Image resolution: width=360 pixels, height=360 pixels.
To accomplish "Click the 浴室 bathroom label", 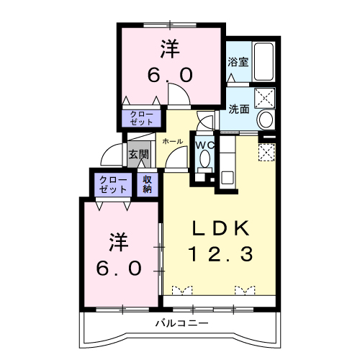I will coord(238,62).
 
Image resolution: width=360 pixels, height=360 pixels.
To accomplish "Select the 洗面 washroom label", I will coord(239,109).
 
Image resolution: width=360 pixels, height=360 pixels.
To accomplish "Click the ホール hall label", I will coord(173,141).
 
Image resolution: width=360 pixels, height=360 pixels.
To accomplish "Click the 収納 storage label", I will coord(147,184).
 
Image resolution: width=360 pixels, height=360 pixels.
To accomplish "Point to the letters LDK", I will coord(220,228).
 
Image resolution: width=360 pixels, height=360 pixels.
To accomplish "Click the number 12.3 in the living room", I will coord(220,253).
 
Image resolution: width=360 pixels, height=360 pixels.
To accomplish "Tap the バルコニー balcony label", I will coord(181,323).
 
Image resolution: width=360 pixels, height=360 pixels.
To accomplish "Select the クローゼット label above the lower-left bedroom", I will coord(112,184).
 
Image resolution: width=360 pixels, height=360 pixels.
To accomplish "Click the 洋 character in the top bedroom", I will coord(170,50).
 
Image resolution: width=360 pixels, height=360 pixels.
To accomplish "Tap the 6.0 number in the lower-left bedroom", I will coord(120,267).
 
